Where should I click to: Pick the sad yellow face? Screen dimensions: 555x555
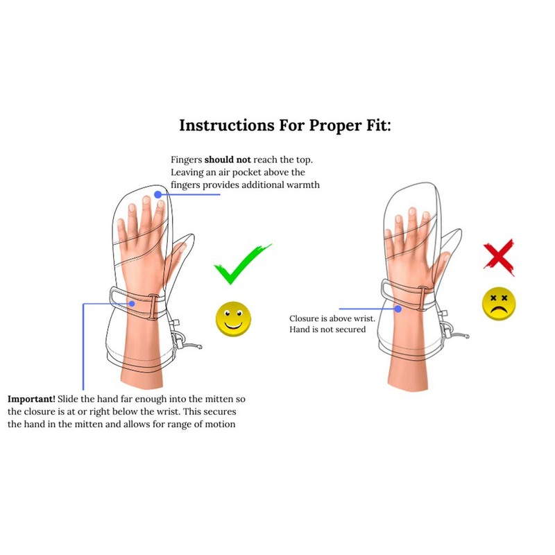[498, 305]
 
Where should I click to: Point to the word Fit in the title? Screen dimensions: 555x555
[373, 126]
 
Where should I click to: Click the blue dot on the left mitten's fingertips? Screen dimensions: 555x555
[158, 195]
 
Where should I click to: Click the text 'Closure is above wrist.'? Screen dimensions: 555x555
[332, 318]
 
